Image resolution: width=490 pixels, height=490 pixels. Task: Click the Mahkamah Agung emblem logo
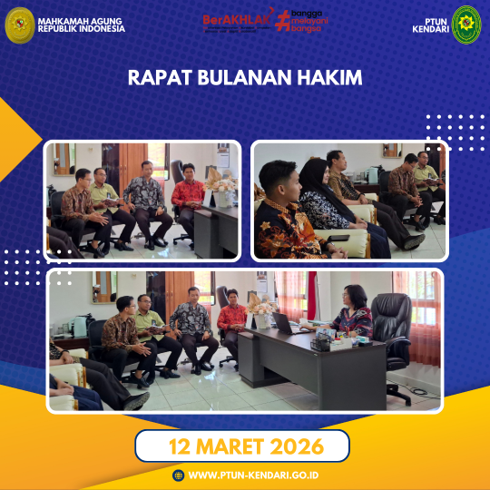pyautogui.click(x=19, y=24)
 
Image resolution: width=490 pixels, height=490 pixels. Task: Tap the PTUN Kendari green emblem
pyautogui.click(x=466, y=24)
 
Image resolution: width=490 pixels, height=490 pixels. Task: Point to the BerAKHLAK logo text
pyautogui.click(x=237, y=17)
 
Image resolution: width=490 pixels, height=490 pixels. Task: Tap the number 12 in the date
pyautogui.click(x=181, y=446)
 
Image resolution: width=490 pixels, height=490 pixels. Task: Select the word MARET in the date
pyautogui.click(x=232, y=446)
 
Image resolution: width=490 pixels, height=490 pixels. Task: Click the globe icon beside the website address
pyautogui.click(x=178, y=475)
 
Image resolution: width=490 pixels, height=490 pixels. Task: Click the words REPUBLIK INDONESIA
pyautogui.click(x=82, y=29)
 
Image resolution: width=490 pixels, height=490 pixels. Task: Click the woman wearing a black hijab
pyautogui.click(x=320, y=195)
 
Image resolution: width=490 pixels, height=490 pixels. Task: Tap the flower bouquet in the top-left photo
pyautogui.click(x=219, y=180)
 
